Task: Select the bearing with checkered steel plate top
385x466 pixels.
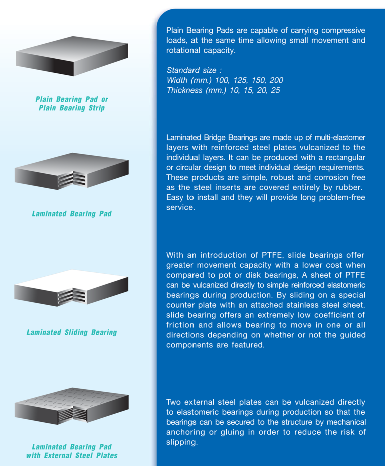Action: point(71,405)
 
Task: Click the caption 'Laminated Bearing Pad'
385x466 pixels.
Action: point(72,214)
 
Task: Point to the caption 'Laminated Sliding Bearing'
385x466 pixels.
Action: point(72,332)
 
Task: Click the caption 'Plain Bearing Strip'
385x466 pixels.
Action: point(72,108)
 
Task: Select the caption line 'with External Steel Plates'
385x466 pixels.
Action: point(72,456)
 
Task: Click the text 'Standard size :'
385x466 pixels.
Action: point(194,70)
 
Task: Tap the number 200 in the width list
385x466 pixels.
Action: point(276,80)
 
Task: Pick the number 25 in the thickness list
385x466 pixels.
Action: point(275,90)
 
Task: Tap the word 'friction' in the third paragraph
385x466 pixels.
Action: point(181,325)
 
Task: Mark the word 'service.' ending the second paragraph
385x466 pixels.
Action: point(180,207)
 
